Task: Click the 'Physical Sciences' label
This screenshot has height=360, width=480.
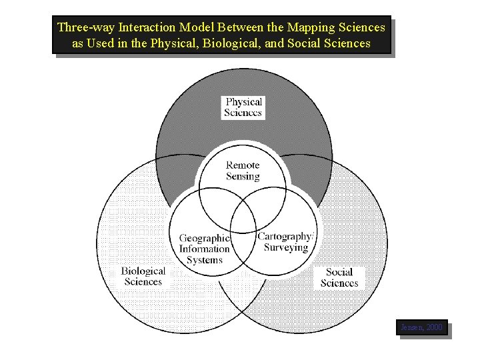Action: pyautogui.click(x=243, y=107)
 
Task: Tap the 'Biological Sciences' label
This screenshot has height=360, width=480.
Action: pyautogui.click(x=143, y=276)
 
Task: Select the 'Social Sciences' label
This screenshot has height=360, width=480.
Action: pyautogui.click(x=339, y=277)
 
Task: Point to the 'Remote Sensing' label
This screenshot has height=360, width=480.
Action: pyautogui.click(x=243, y=171)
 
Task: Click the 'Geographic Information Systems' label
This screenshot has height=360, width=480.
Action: pyautogui.click(x=205, y=249)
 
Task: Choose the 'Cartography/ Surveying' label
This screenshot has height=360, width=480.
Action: pyautogui.click(x=285, y=241)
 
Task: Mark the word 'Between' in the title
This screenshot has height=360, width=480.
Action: pyautogui.click(x=245, y=28)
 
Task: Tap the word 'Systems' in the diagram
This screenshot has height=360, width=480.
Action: pyautogui.click(x=205, y=259)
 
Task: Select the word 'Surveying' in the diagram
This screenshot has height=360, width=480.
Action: pyautogui.click(x=286, y=247)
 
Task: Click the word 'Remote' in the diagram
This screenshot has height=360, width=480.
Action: pyautogui.click(x=243, y=165)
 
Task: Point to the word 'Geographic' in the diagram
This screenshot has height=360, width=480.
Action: pyautogui.click(x=205, y=238)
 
